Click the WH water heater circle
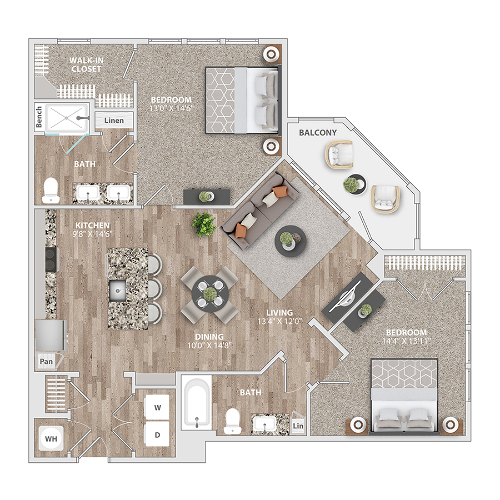[x=51, y=438]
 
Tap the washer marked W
[x=157, y=407]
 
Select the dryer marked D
[x=157, y=434]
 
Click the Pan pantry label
[x=46, y=361]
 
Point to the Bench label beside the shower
[x=38, y=117]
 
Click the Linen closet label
[x=114, y=121]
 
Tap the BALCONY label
[x=318, y=133]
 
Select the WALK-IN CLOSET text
[x=86, y=64]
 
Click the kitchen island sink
[x=118, y=291]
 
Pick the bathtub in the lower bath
[x=197, y=403]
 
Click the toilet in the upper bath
[x=51, y=191]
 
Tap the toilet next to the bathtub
[x=232, y=421]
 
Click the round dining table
[x=210, y=294]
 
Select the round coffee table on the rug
[x=291, y=241]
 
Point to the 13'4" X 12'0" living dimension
[x=279, y=322]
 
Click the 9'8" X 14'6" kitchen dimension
[x=92, y=234]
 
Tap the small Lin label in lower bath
[x=298, y=426]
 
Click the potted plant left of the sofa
[x=204, y=224]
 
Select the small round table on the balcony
[x=354, y=184]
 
